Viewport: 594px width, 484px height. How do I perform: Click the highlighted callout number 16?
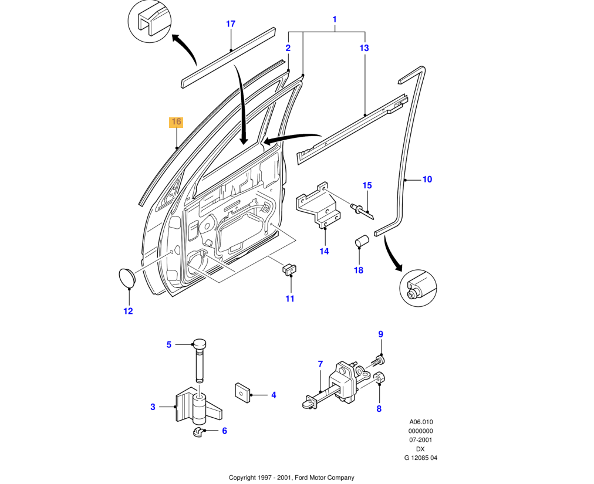176,122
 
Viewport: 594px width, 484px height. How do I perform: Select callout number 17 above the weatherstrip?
231,24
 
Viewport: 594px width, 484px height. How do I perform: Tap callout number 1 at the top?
335,19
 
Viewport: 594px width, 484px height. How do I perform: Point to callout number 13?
364,48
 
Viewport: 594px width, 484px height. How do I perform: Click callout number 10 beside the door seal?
427,179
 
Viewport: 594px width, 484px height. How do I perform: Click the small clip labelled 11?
289,269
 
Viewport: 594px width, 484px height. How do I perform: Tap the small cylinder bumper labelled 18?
361,242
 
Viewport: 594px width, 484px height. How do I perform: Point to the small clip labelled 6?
198,432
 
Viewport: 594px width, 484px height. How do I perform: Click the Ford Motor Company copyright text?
291,478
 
